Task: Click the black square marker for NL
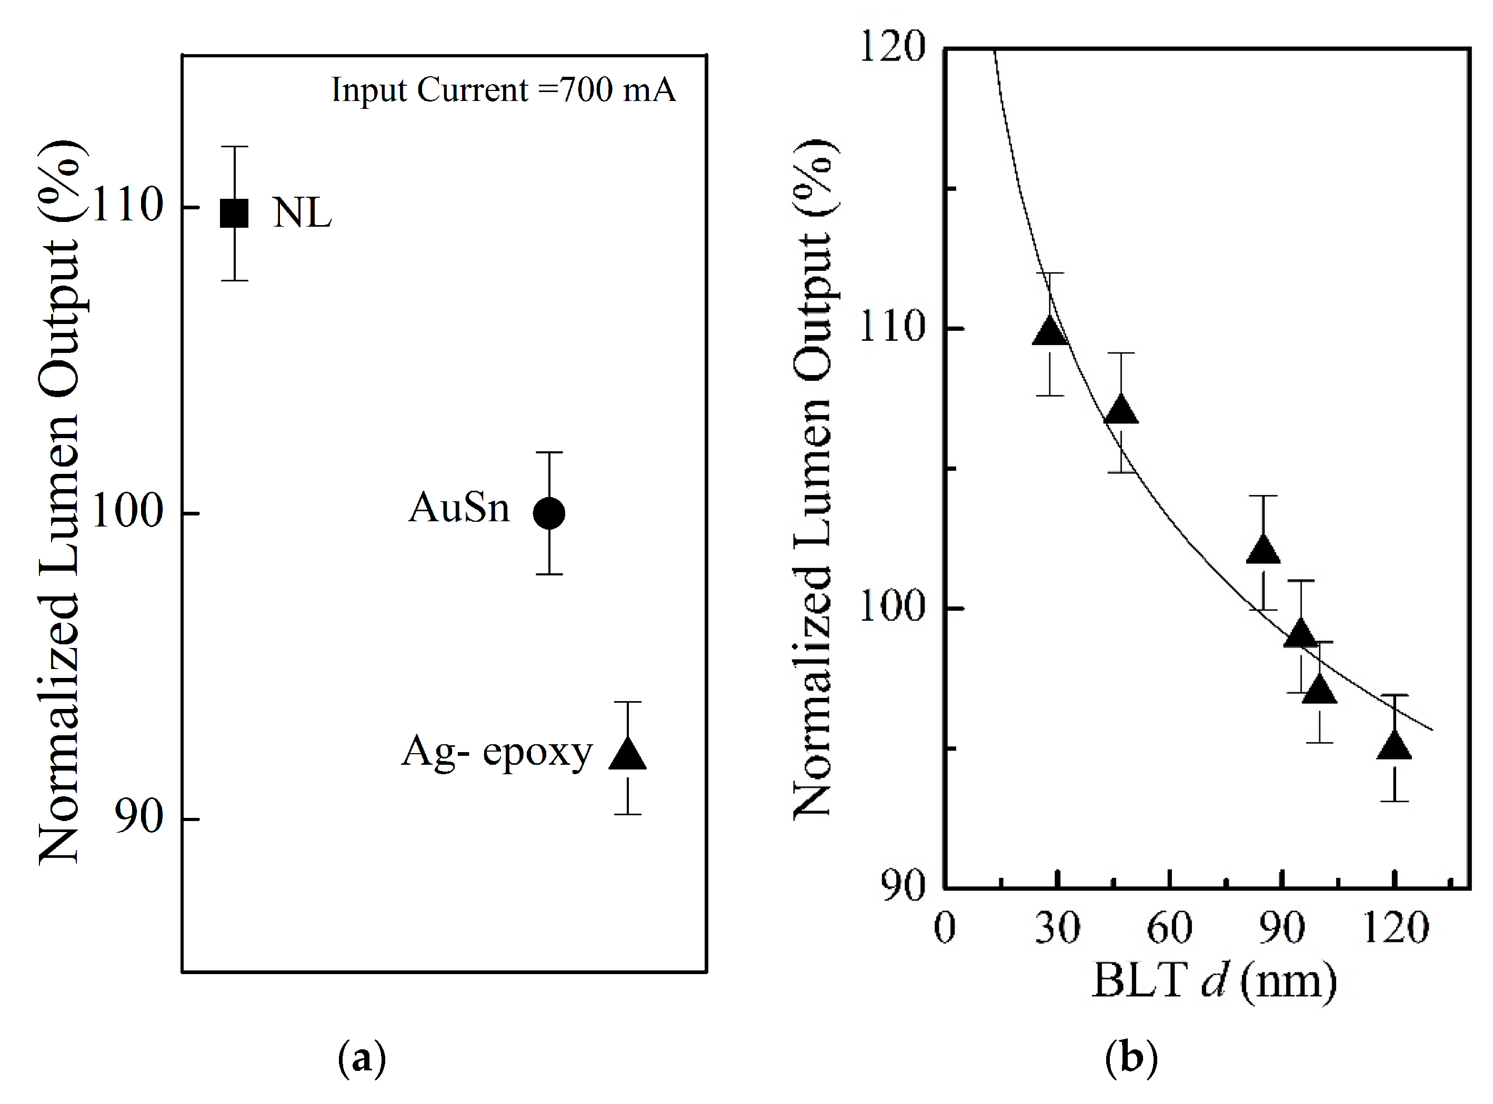click(235, 213)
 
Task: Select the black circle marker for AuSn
click(549, 513)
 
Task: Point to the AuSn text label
click(459, 508)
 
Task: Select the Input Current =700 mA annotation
click(504, 89)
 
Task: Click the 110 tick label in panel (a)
click(127, 205)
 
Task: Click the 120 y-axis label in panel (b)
click(892, 48)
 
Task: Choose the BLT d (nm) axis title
click(1214, 980)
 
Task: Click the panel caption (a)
click(362, 1058)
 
